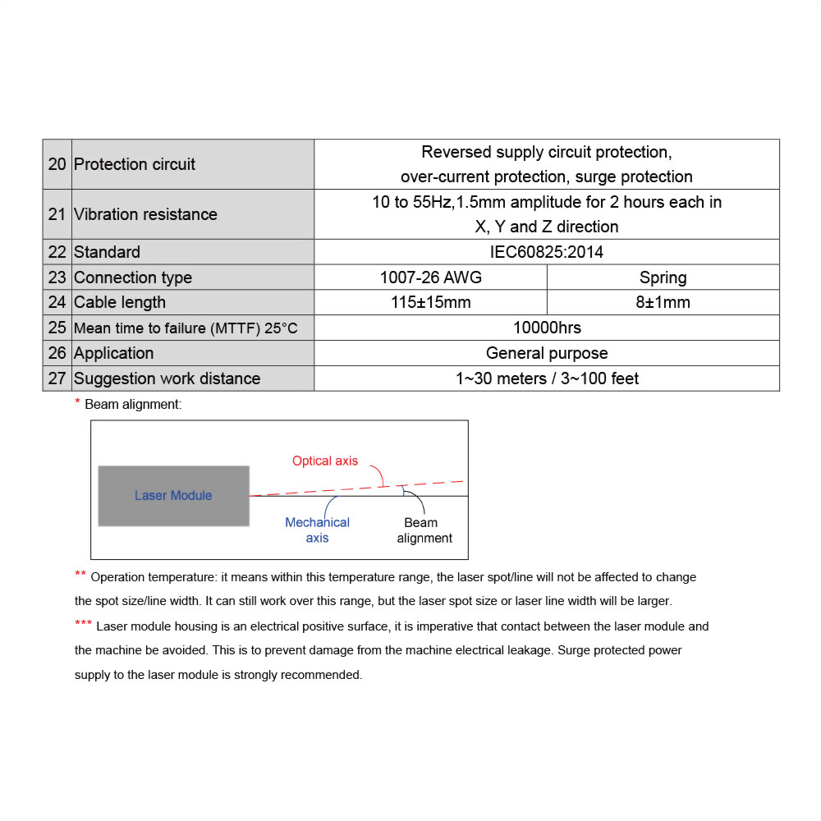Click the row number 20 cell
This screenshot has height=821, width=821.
[x=57, y=164]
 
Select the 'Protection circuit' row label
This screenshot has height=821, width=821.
[x=135, y=164]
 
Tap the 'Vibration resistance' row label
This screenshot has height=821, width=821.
[x=145, y=214]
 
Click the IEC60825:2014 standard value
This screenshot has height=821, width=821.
[x=546, y=252]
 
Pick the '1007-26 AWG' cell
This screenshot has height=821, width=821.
[x=430, y=277]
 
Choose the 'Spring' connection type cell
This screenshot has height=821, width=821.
[x=663, y=277]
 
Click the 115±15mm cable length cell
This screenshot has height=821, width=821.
[x=430, y=302]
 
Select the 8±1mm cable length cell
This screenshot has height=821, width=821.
[x=663, y=302]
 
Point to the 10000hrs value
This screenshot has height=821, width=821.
[x=546, y=328]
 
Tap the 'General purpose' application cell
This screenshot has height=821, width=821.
[x=546, y=353]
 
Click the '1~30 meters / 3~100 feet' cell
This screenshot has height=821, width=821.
[x=546, y=378]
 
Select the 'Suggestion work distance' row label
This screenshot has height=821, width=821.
[x=167, y=378]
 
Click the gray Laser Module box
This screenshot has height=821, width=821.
[x=173, y=496]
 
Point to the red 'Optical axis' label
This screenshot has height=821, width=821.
[x=325, y=461]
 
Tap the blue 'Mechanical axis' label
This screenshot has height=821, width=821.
[x=317, y=530]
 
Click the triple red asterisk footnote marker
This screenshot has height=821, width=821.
[x=83, y=625]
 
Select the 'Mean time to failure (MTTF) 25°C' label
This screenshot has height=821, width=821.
[x=186, y=328]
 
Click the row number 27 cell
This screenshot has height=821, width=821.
[x=57, y=378]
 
